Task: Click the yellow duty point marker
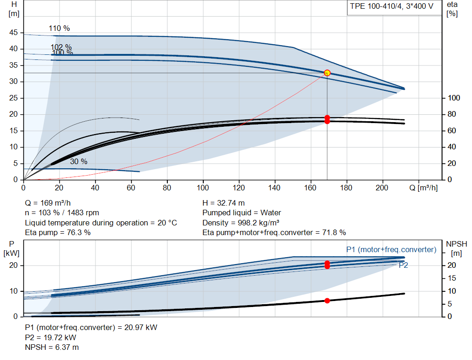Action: click(x=327, y=73)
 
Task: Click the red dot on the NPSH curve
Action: click(x=327, y=301)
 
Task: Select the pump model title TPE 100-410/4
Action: click(x=376, y=6)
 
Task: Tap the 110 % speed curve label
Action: click(x=59, y=28)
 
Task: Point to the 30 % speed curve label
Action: click(x=78, y=162)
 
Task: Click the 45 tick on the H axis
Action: click(x=13, y=33)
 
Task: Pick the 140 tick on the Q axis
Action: click(x=274, y=188)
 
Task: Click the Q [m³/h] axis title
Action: click(x=424, y=188)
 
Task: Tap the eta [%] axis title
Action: click(x=452, y=9)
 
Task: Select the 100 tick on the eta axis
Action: click(x=454, y=98)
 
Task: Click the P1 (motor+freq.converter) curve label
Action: click(x=391, y=249)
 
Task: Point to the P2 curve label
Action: click(x=403, y=265)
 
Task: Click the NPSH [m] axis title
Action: click(x=456, y=248)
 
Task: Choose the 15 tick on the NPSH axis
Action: click(x=452, y=278)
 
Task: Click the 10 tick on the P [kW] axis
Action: click(x=13, y=291)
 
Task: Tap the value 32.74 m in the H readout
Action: click(x=231, y=203)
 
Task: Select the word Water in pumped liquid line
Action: click(x=271, y=213)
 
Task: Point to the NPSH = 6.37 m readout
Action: click(x=52, y=348)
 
